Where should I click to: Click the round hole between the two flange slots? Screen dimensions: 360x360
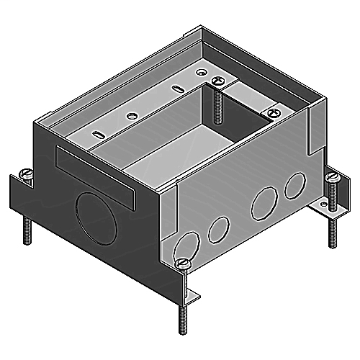click(130, 114)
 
